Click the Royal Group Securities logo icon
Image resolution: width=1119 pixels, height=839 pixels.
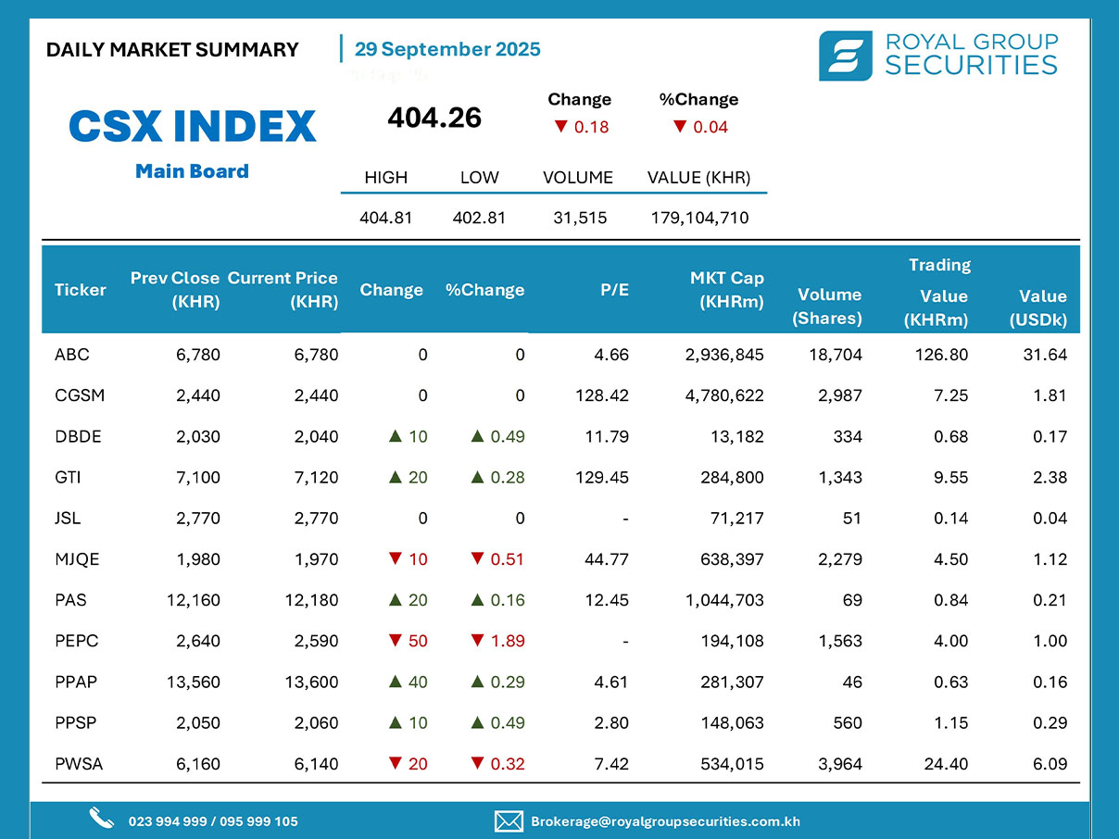pos(845,56)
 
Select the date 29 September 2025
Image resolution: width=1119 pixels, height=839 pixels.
pos(447,49)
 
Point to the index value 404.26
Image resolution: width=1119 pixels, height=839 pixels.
pos(434,118)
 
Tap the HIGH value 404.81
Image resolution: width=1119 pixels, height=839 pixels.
pos(385,219)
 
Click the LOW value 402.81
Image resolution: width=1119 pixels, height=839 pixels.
pos(479,219)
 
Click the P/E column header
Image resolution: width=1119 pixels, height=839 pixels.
pos(613,290)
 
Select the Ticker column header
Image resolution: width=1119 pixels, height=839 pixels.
pos(81,290)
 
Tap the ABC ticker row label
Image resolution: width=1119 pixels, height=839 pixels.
pos(72,355)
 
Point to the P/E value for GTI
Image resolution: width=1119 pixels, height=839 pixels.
pos(601,478)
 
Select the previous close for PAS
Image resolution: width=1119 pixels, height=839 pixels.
pos(194,600)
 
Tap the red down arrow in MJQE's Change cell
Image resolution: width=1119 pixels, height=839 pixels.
pos(396,559)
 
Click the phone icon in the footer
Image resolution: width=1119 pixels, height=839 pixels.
pos(101,819)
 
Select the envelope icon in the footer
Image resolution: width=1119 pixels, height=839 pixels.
pos(509,821)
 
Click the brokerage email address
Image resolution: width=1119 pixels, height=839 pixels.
pos(665,821)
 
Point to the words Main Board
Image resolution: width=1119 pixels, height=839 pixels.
pos(192,171)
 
